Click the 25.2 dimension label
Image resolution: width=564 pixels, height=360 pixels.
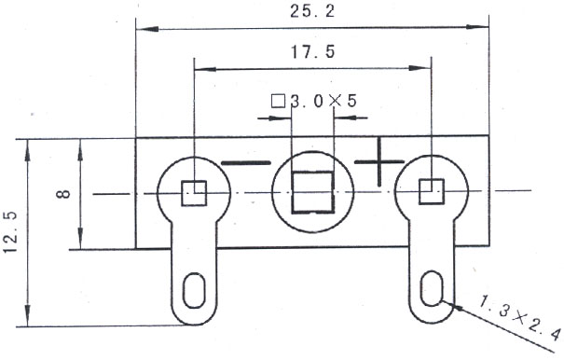[x=312, y=11]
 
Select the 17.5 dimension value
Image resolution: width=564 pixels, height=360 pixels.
[x=312, y=52]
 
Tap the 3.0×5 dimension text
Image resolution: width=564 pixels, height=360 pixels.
[x=323, y=101]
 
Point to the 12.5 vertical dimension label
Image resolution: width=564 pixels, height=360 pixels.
[x=11, y=232]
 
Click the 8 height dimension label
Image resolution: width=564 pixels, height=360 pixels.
[x=63, y=194]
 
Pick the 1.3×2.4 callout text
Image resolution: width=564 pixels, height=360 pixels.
[x=520, y=316]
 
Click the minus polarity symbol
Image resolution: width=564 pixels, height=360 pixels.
[x=246, y=163]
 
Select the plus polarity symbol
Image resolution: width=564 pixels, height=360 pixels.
[x=379, y=162]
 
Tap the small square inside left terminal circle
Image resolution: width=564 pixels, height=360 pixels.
[x=194, y=193]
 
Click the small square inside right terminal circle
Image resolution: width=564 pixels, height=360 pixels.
[x=432, y=191]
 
